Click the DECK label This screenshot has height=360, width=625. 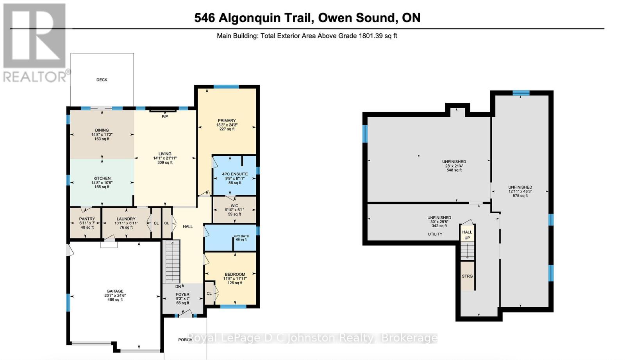[102, 80]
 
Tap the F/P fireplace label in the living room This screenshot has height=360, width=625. [165, 116]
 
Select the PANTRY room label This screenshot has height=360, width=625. [87, 219]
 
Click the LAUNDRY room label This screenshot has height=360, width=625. [126, 219]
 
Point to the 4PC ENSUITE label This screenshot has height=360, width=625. [235, 174]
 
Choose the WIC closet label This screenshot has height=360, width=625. [234, 206]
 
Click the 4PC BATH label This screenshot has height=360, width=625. [241, 236]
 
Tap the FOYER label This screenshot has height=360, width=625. [182, 294]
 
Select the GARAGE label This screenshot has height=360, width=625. [115, 291]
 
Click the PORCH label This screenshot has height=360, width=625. [185, 340]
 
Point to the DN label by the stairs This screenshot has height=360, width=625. [178, 287]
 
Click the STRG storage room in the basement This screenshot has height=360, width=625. [467, 276]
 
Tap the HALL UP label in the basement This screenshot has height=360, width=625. [467, 235]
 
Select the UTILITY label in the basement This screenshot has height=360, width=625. [435, 234]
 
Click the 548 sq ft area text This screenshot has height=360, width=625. [454, 170]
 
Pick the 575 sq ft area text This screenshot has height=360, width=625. [520, 196]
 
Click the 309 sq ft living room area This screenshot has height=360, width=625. [165, 162]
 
